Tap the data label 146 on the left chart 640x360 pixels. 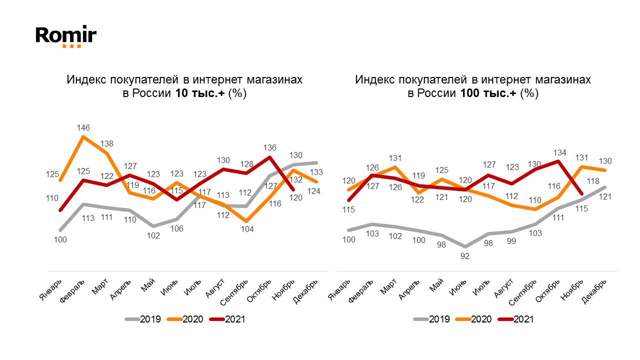(83, 127)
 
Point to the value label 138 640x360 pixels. (107, 144)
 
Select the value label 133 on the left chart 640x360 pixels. (317, 172)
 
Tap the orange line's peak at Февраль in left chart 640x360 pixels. (83, 136)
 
